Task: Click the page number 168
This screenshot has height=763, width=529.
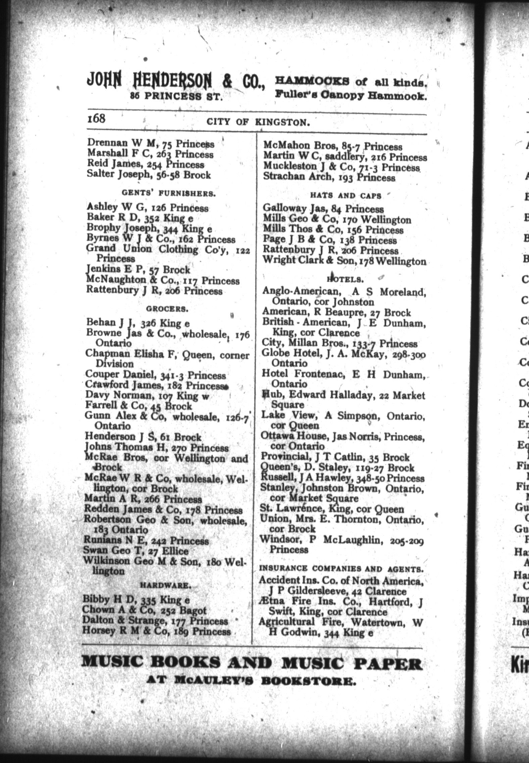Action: [x=96, y=119]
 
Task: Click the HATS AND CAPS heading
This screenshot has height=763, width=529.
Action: [x=346, y=195]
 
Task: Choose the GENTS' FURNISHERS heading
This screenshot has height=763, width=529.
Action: [x=169, y=194]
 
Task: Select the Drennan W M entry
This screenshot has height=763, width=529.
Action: [x=150, y=144]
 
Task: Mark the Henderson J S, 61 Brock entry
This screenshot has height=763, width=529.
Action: [x=143, y=437]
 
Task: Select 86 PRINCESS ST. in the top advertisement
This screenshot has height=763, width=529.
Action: [x=177, y=97]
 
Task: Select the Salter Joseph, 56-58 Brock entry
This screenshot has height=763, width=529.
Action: [x=149, y=175]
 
